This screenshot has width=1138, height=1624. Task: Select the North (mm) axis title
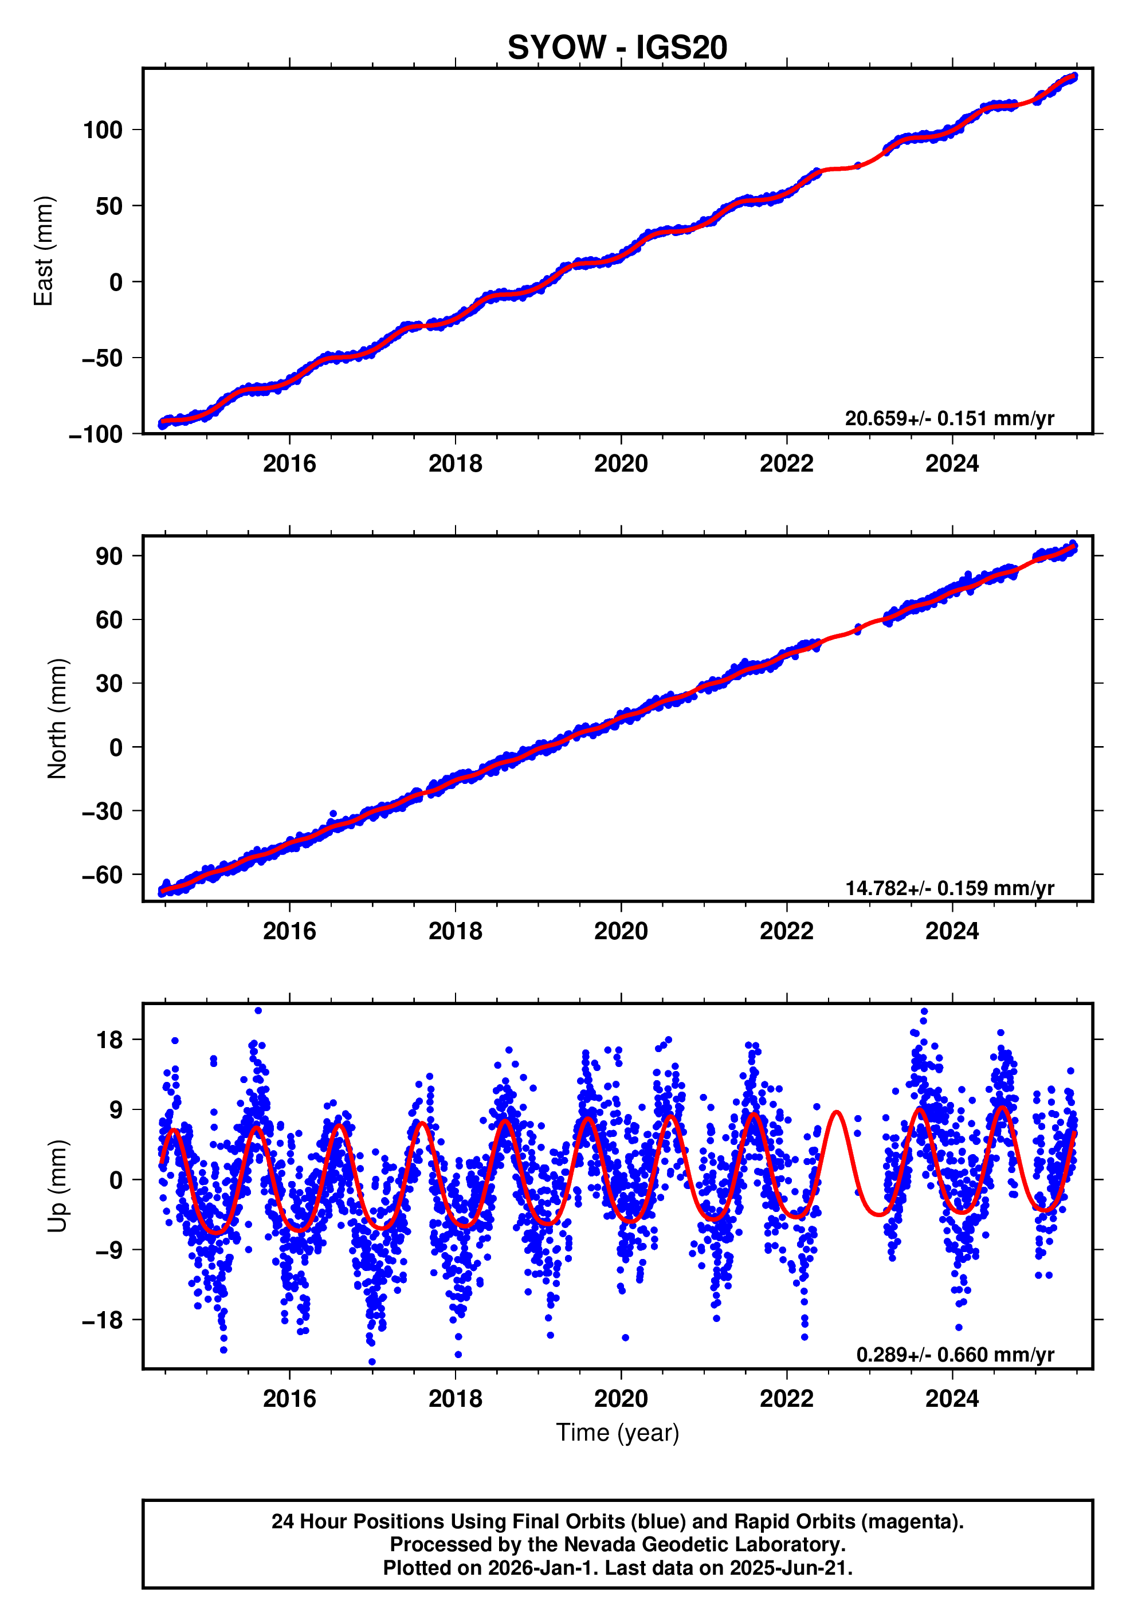[x=57, y=719]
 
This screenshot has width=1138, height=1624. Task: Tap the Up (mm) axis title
[x=57, y=1186]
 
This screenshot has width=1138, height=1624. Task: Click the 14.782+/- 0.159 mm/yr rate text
[x=949, y=888]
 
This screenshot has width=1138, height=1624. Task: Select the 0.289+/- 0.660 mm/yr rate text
[x=955, y=1355]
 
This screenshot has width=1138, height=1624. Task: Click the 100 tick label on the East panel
[x=103, y=130]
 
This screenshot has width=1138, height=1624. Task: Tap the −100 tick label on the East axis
[x=96, y=435]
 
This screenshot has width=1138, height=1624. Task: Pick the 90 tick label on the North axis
[x=109, y=556]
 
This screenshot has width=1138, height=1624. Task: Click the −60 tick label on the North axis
[x=103, y=875]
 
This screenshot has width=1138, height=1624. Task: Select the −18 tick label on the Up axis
[x=103, y=1320]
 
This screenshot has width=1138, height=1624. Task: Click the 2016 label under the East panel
[x=289, y=464]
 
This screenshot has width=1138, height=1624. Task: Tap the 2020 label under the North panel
[x=620, y=932]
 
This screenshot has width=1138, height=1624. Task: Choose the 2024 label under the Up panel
[x=951, y=1399]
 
